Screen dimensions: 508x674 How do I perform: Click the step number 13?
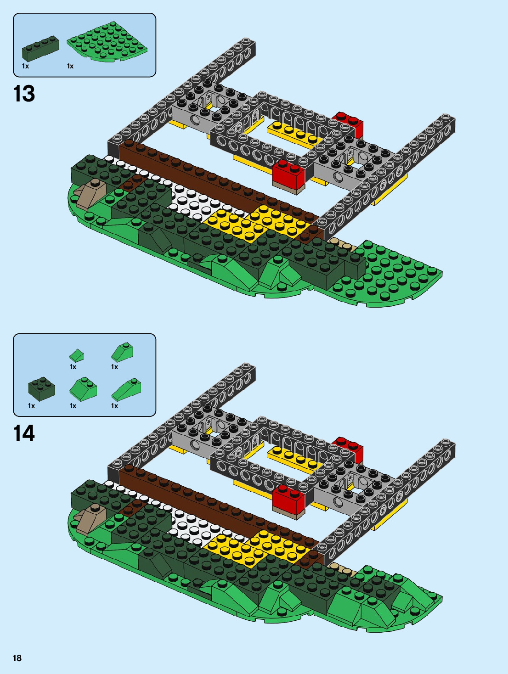pos(24,94)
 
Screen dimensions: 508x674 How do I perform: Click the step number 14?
pos(24,433)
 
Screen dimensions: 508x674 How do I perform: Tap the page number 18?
pos(17,658)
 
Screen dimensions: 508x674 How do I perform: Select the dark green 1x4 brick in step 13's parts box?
pos(40,49)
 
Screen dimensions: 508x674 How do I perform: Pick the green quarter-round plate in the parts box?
pos(108,43)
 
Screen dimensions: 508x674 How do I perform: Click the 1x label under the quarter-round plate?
pos(70,66)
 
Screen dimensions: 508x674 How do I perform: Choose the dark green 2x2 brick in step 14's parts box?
pos(41,389)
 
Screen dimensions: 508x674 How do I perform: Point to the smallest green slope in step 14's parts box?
pos(77,355)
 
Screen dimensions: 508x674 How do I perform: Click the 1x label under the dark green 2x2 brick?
pos(31,406)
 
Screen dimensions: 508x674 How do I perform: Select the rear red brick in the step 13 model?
pos(350,123)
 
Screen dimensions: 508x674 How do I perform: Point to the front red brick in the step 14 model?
pos(288,500)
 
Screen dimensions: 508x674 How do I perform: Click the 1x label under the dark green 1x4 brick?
pos(25,66)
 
